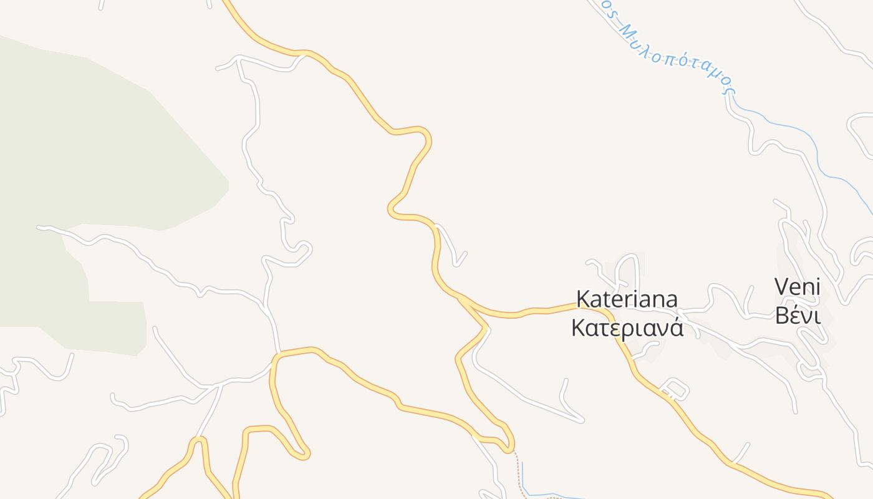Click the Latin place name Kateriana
tap(627, 299)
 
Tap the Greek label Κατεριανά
tap(627, 329)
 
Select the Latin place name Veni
tap(797, 288)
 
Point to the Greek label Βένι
tap(797, 316)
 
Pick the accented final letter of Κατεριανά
tap(676, 329)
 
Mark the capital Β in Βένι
tap(781, 316)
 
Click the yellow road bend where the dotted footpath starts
tap(510, 447)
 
